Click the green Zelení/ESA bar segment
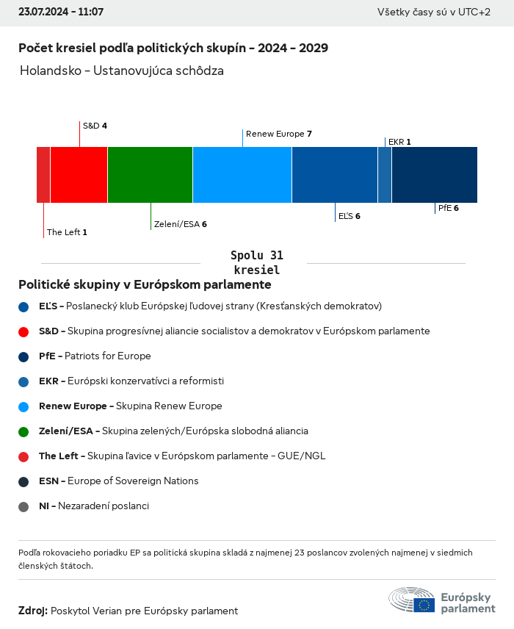tap(150, 174)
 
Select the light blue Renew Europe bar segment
tap(242, 174)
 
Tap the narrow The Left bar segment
tap(43, 174)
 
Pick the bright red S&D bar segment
tap(79, 174)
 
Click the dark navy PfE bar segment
tap(434, 174)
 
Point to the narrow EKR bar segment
tap(385, 174)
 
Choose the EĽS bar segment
tap(335, 174)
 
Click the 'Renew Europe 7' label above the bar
tap(279, 134)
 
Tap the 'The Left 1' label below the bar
tap(67, 232)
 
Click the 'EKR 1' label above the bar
tap(399, 141)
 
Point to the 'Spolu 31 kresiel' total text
tap(256, 262)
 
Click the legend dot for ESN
tap(24, 481)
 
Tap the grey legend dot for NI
tap(24, 506)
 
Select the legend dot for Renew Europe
tap(24, 406)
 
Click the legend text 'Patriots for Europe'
tap(108, 356)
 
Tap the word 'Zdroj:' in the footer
tap(33, 611)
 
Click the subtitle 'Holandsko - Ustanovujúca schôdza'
tap(122, 71)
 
